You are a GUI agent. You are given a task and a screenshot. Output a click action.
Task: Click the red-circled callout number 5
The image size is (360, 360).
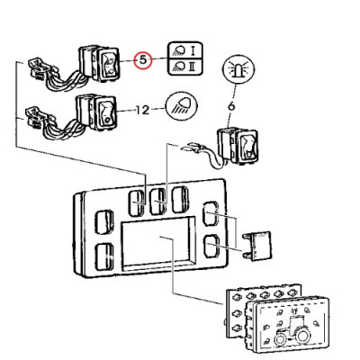143,60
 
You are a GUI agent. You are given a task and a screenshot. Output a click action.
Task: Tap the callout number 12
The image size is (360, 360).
143,110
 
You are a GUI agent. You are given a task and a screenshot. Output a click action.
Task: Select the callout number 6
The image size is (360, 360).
231,106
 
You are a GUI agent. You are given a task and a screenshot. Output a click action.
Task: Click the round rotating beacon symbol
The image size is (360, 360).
239,69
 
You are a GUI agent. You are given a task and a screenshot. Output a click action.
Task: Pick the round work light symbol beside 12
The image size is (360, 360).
181,107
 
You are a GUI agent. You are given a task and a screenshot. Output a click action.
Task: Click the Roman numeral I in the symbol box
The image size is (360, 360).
193,50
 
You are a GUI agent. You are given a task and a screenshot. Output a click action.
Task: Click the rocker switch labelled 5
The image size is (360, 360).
100,64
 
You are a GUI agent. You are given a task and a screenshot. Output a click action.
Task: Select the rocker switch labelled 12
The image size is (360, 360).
96,112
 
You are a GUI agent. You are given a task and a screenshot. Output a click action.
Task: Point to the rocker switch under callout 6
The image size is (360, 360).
238,146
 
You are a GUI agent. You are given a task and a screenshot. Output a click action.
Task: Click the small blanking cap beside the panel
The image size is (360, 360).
257,246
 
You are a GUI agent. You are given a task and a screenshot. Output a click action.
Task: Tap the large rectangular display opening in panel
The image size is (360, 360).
158,243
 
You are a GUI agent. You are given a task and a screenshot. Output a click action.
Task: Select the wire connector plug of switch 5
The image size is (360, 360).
38,69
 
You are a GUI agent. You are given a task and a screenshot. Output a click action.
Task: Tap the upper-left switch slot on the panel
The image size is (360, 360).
103,221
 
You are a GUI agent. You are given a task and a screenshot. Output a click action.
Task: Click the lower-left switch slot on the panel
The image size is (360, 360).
103,256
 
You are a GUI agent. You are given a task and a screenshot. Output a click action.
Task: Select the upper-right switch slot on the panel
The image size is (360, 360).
211,213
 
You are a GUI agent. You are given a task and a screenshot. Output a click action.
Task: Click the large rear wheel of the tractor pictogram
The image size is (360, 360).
301,336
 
